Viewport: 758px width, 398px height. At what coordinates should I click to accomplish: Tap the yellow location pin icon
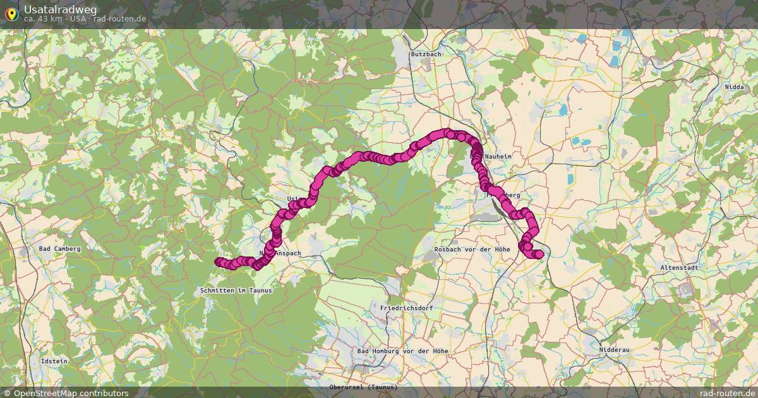(11, 13)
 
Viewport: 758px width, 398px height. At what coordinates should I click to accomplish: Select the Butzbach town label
(426, 54)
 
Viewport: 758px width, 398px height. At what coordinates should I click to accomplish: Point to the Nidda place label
(735, 87)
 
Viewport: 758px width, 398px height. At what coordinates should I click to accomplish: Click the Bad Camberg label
(60, 249)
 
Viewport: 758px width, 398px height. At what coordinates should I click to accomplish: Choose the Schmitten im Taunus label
(236, 291)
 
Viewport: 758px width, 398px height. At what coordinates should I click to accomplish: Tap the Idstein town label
(54, 361)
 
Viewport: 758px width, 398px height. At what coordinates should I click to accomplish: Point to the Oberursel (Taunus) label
(363, 387)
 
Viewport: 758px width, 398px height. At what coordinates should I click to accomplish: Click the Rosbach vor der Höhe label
(472, 250)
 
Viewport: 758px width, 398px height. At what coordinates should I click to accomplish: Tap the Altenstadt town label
(680, 268)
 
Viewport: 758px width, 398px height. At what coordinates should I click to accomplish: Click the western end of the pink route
(219, 262)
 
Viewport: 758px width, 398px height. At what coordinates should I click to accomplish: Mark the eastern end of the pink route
(539, 254)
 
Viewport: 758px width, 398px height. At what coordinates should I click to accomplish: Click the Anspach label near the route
(287, 253)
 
